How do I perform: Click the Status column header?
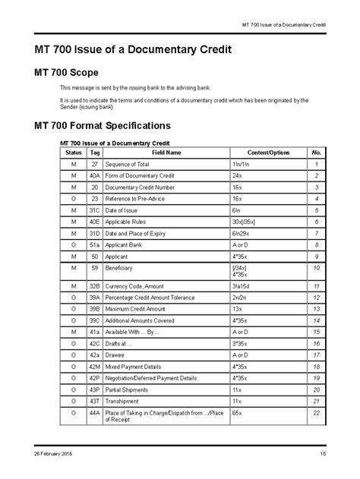point(73,153)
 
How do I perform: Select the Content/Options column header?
point(268,153)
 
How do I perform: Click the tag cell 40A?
point(95,175)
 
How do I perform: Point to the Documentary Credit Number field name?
point(140,187)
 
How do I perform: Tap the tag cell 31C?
point(95,210)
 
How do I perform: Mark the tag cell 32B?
point(95,287)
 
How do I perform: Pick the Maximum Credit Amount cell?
point(135,310)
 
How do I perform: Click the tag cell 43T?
point(95,400)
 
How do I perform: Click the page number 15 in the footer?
point(323,455)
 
